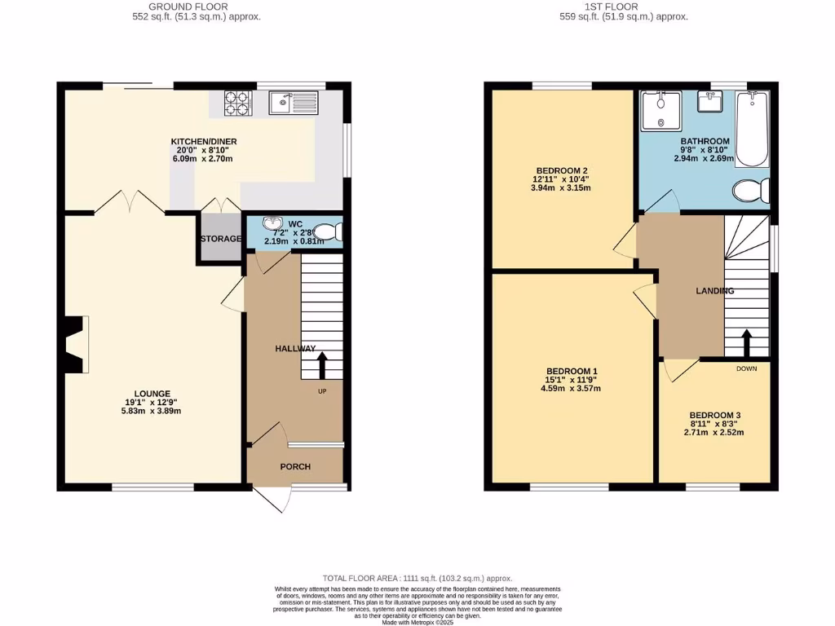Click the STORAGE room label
221,239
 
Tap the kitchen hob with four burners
236,103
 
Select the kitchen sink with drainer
294,103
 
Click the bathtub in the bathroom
752,127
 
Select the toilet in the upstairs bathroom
750,192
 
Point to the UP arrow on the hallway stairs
322,365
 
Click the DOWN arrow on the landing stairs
746,343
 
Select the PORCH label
295,467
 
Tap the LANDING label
714,291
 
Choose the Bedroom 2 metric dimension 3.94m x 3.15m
562,188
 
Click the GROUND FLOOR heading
197,7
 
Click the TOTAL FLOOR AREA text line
417,575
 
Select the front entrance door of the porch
273,498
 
